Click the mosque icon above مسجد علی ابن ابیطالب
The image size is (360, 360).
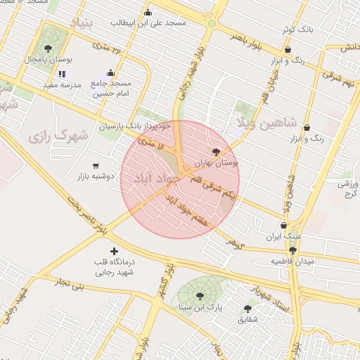tap(148, 12)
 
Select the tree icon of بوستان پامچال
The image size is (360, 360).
tap(48, 49)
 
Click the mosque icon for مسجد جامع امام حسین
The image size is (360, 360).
tap(110, 72)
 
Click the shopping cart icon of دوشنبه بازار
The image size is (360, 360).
tap(95, 166)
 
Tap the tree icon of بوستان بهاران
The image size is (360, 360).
tap(216, 152)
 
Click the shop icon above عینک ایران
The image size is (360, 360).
tap(284, 226)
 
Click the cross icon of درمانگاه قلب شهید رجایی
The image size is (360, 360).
tap(115, 251)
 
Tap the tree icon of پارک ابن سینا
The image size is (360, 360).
tap(200, 296)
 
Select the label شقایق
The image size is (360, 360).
tap(247, 319)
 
